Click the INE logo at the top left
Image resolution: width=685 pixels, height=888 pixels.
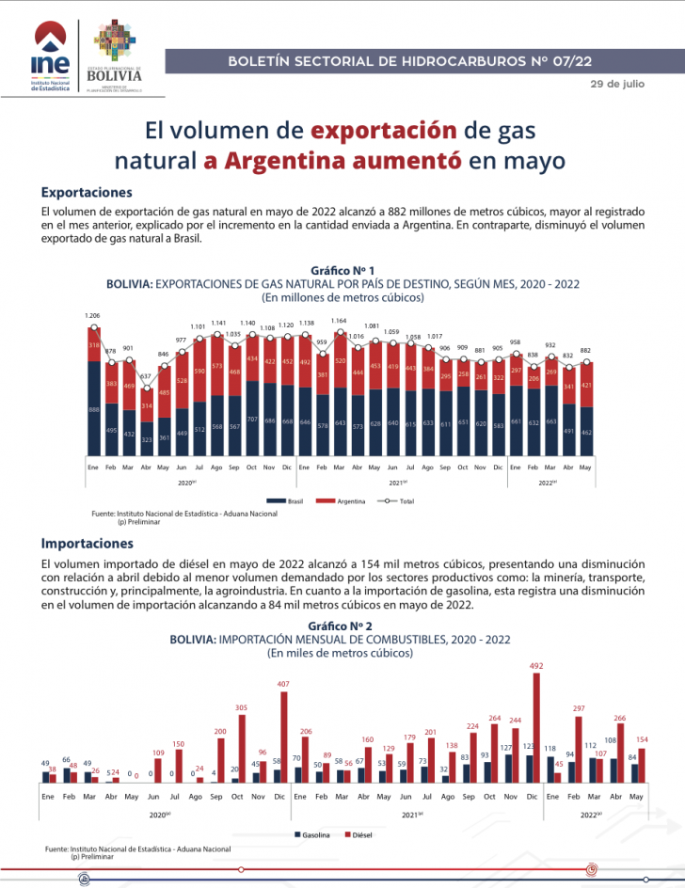tap(49, 59)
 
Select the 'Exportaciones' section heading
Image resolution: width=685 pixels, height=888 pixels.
tap(86, 192)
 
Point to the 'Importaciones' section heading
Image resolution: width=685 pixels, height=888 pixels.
tap(88, 544)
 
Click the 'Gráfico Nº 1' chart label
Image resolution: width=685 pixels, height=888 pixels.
tap(342, 270)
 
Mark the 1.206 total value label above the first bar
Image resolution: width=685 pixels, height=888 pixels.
tap(92, 315)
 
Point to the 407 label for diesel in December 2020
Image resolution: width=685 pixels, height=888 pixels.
tap(283, 684)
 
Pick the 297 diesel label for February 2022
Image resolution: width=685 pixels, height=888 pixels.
tap(579, 708)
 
